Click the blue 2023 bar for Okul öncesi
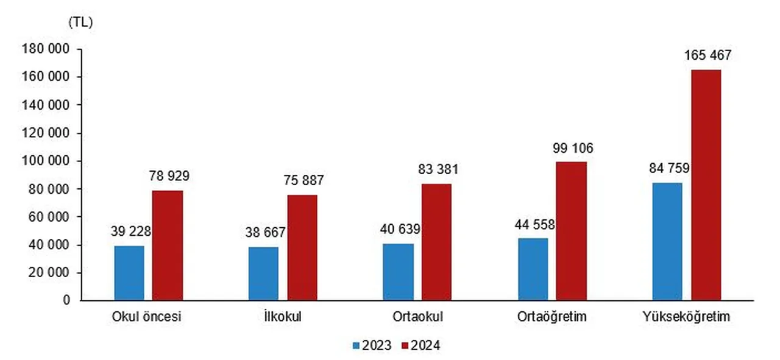[x=129, y=273]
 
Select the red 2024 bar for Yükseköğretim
[x=706, y=185]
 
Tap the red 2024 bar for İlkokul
[x=302, y=247]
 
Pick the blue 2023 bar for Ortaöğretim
[x=533, y=269]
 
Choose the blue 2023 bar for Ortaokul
[x=399, y=272]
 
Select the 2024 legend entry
[x=420, y=345]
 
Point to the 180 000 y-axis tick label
[x=44, y=49]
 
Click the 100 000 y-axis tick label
[x=44, y=161]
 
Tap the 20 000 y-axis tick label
[x=48, y=273]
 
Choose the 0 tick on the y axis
[x=67, y=300]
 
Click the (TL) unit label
[x=80, y=23]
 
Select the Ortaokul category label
[x=417, y=317]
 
